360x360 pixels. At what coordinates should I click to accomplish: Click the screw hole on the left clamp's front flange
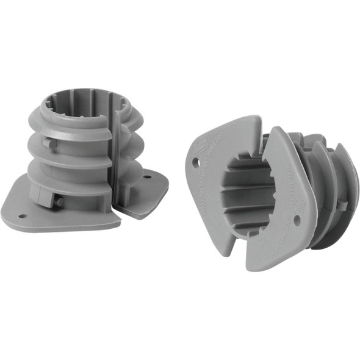click(23, 216)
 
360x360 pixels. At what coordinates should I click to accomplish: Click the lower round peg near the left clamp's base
click(59, 201)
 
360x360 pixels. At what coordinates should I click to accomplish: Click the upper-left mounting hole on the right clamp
click(195, 162)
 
